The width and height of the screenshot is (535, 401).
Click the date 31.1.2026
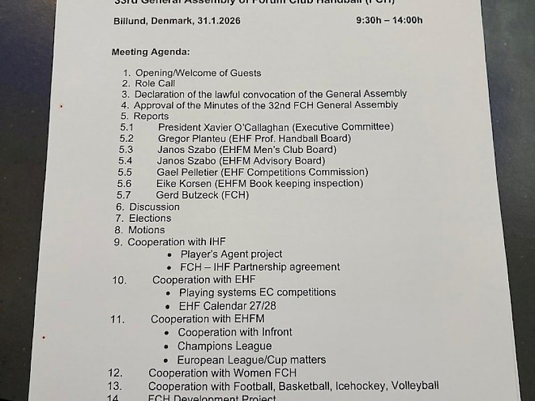coord(219,21)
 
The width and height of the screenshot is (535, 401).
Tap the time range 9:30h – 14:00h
coord(389,20)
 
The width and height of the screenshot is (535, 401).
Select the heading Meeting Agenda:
coord(150,51)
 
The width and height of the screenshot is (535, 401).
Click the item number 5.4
coord(125,160)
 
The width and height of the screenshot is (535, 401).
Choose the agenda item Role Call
coord(155,84)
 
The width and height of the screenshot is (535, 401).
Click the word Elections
coord(150,218)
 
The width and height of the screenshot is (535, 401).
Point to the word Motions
coord(146,230)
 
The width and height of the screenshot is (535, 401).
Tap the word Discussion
coord(154,207)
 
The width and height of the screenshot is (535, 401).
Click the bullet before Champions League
coord(167,346)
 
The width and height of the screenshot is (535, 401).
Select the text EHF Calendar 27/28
coord(227,306)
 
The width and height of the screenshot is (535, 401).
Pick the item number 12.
coord(115,372)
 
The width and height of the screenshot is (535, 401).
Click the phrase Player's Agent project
coord(231,254)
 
